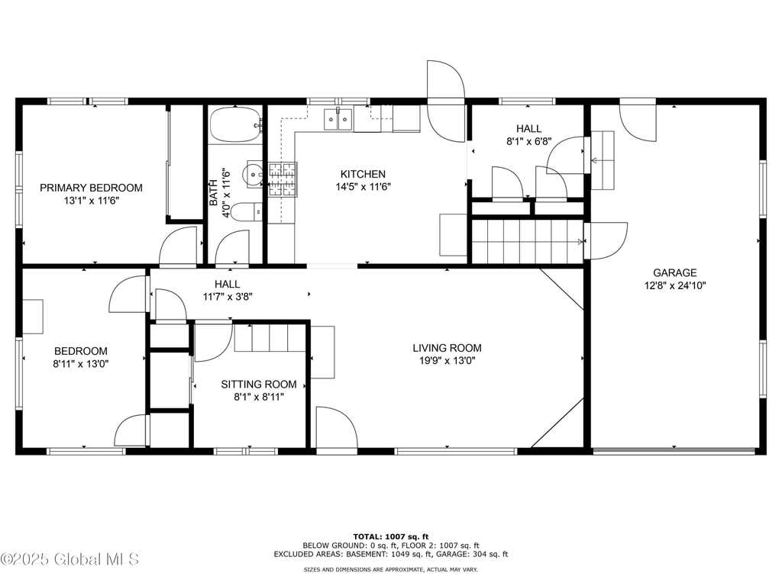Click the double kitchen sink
(338, 119)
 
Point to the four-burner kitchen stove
(283, 179)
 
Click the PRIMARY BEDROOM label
(92, 188)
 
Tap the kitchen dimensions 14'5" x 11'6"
(363, 187)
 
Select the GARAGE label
(675, 272)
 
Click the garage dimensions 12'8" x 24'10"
(675, 285)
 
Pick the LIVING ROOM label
(447, 348)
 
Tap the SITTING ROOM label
(259, 385)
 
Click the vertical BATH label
(214, 192)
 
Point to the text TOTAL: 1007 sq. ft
(391, 536)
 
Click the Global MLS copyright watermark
(69, 559)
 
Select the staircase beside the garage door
(528, 241)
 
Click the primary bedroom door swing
(179, 245)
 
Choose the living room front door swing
(337, 427)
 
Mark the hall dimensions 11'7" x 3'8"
(228, 297)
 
